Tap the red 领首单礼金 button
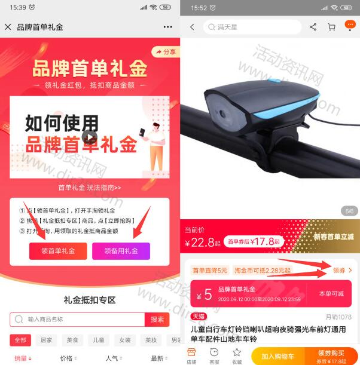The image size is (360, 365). tap(58, 251)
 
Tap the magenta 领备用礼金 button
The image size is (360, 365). tap(121, 251)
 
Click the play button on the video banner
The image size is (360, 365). tap(89, 137)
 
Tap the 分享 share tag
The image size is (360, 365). tap(166, 52)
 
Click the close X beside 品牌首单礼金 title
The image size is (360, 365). tap(8, 27)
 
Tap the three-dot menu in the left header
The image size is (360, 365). tap(167, 27)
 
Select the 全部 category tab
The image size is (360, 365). tap(20, 340)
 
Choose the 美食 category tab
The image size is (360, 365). tap(73, 340)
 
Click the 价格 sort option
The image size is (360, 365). tap(68, 358)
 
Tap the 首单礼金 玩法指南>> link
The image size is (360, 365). tap(89, 188)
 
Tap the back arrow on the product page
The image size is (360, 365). tap(192, 27)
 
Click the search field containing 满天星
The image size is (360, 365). tap(252, 27)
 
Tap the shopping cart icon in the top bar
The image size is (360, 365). tap(331, 27)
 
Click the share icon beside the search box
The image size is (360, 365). tap(313, 27)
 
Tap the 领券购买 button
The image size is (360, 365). tap(331, 355)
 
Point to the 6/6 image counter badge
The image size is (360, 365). tap(348, 211)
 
